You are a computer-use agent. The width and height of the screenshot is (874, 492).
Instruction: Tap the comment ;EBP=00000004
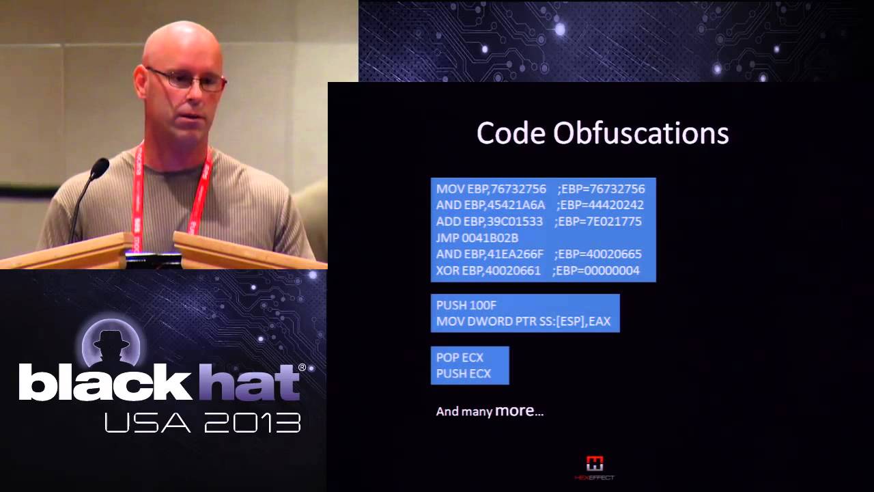tap(595, 271)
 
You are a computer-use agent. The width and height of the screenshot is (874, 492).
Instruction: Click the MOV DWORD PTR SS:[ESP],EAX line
tap(524, 321)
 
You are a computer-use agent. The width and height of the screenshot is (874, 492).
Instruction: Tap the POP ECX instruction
tap(460, 357)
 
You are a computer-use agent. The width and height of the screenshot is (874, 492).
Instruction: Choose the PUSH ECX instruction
tap(463, 374)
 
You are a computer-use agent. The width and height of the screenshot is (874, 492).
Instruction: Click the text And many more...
tap(490, 411)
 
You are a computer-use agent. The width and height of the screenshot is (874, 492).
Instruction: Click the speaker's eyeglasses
tap(186, 79)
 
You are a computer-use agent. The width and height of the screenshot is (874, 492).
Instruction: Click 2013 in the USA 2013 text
tap(252, 423)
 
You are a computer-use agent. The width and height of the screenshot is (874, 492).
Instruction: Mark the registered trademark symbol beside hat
tap(302, 368)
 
